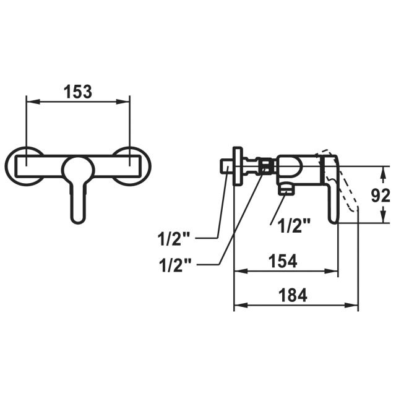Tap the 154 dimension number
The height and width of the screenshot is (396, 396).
[x=284, y=261]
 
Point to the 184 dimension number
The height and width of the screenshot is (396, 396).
[x=293, y=295]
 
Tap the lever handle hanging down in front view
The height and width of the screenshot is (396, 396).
[x=78, y=198]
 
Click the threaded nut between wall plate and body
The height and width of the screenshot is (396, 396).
[x=266, y=166]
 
